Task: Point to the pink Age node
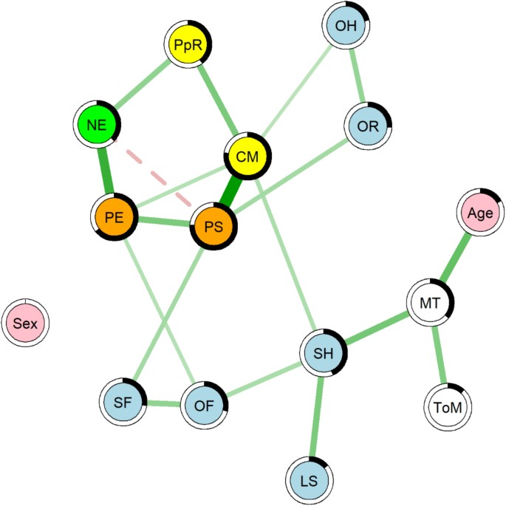(x=479, y=212)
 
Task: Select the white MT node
(x=430, y=303)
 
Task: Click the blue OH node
(x=346, y=27)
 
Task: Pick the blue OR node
(x=368, y=126)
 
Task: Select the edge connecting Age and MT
(x=455, y=257)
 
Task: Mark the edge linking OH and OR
(x=358, y=76)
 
